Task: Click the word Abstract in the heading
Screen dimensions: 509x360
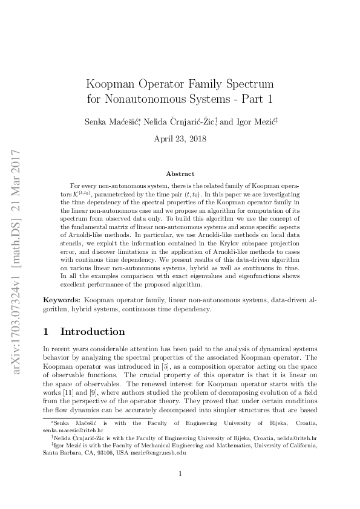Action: (180, 173)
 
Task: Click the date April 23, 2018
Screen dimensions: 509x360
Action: (180, 138)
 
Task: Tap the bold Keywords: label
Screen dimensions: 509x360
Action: (62, 300)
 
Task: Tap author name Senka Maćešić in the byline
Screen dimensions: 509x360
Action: (111, 122)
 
